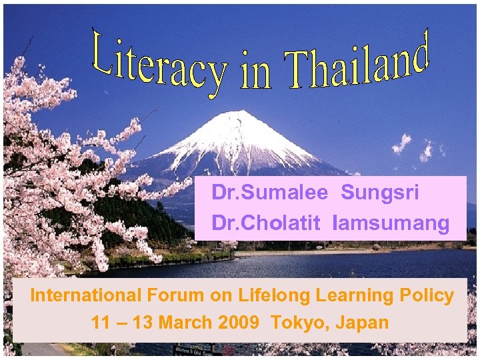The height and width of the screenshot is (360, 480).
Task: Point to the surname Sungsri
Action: coord(380,193)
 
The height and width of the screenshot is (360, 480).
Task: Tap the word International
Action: coord(86,295)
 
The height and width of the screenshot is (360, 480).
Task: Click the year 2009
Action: coord(236,323)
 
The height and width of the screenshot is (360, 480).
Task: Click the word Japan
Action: coord(363,323)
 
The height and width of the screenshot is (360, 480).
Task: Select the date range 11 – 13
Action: coord(121,323)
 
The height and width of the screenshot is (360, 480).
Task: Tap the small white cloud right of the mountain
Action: coord(401,143)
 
